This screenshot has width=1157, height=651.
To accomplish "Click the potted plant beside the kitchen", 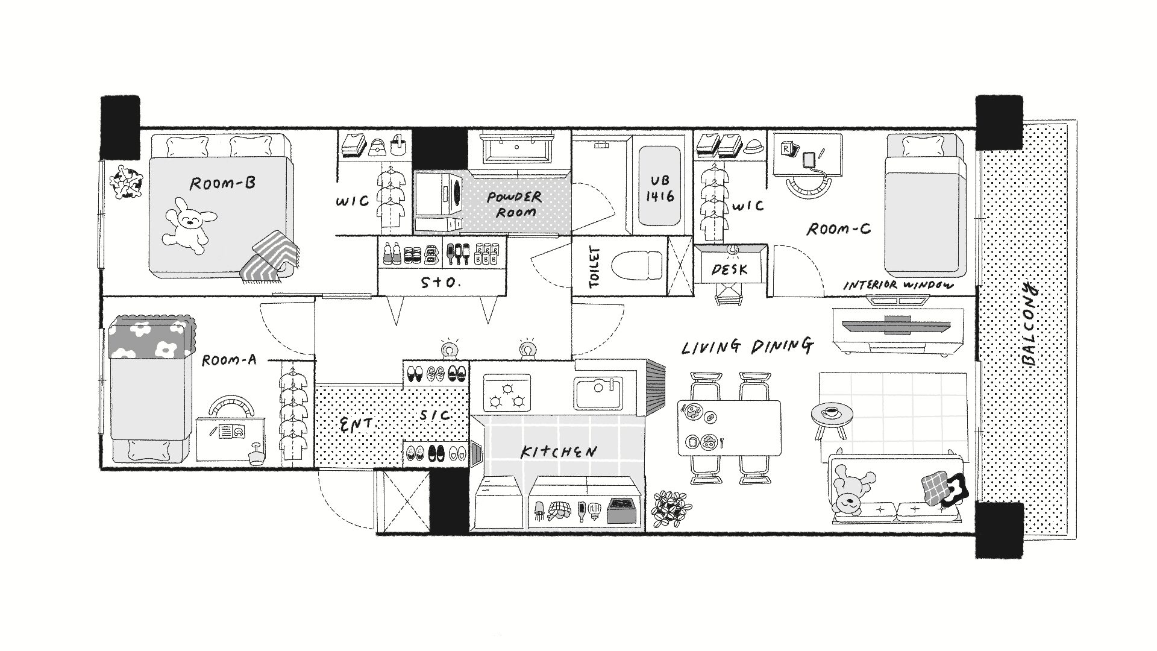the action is click(670, 510).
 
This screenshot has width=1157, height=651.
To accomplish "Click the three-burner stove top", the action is click(507, 393).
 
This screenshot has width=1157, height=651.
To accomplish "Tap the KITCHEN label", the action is click(559, 451).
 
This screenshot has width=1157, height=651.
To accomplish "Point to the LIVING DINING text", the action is click(747, 346).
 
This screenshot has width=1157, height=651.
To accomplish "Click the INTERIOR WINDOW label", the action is click(898, 285).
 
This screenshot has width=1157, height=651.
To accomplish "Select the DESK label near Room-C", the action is click(729, 269).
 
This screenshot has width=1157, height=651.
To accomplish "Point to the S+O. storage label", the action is click(441, 282).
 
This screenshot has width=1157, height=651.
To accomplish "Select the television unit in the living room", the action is click(898, 329).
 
